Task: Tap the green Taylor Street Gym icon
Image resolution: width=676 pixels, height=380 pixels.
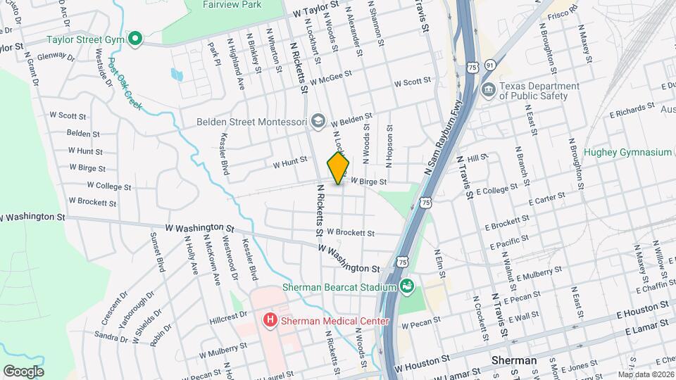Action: (137, 39)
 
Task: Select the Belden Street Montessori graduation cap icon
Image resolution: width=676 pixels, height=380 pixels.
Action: (318, 122)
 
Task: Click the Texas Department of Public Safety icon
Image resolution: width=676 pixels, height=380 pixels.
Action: (488, 91)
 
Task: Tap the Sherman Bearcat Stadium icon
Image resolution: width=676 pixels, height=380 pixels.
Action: (406, 286)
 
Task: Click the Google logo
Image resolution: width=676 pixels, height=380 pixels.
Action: (23, 371)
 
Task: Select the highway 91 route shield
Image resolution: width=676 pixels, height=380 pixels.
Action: (489, 65)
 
